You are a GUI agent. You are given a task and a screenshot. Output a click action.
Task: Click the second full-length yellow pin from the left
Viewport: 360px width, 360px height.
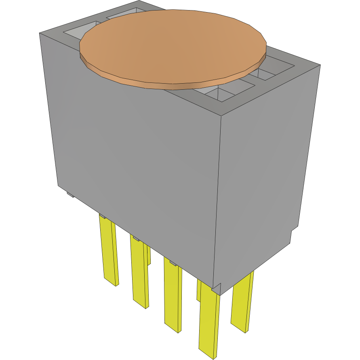tap(138, 271)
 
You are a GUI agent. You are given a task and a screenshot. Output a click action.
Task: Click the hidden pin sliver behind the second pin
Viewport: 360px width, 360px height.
tap(149, 255)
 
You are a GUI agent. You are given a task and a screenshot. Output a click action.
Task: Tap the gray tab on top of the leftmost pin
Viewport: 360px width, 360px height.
tap(103, 216)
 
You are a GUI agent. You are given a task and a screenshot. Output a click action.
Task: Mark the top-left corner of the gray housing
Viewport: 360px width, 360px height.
tap(40, 34)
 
